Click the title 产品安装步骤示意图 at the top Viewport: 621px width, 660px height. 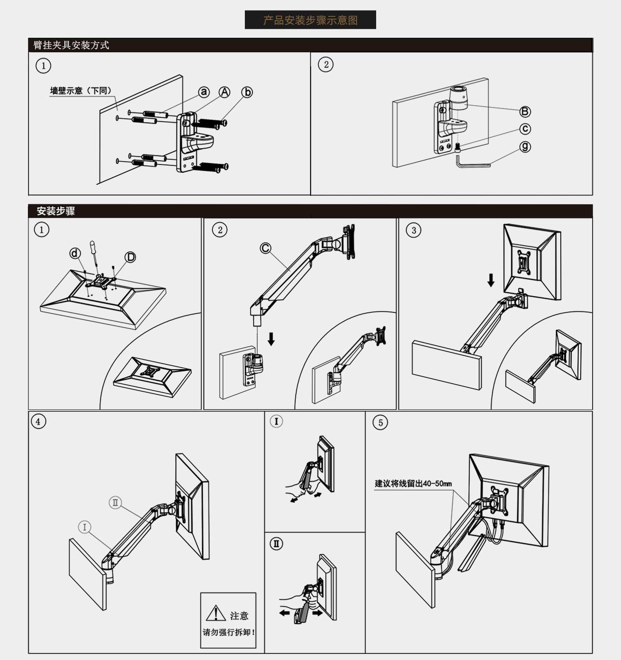[310, 20]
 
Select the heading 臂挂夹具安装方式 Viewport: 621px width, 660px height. [71, 45]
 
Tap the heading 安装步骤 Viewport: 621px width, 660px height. [56, 211]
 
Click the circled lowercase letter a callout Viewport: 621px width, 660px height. [204, 92]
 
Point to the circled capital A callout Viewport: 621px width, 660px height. [224, 92]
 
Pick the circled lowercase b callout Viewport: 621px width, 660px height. [247, 92]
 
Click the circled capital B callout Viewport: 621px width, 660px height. [525, 111]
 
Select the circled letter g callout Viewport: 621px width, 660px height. [525, 146]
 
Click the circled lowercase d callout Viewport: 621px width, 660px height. [75, 253]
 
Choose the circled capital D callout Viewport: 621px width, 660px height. [130, 257]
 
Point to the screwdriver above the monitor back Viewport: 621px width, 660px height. [94, 253]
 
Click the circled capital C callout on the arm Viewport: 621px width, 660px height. [266, 248]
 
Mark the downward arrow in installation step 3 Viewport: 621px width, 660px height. [491, 280]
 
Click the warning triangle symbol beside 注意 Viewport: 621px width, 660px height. [216, 613]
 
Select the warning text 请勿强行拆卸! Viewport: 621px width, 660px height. [229, 632]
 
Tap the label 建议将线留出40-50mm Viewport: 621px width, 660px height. [413, 484]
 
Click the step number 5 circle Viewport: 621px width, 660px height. [381, 423]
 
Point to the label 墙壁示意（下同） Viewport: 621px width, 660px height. [81, 91]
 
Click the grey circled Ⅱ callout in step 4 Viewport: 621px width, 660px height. [115, 502]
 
